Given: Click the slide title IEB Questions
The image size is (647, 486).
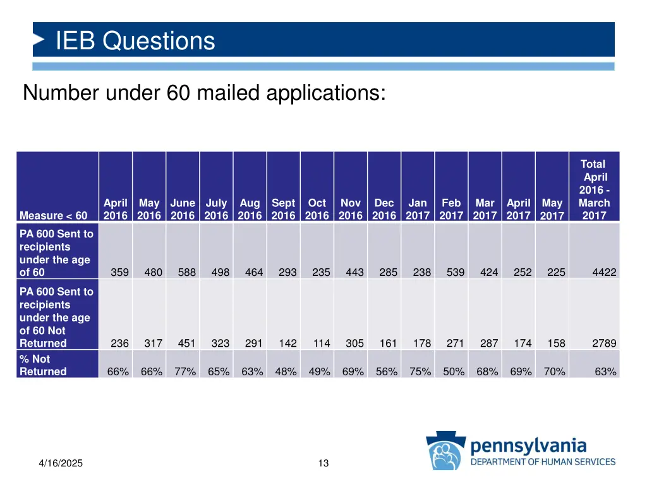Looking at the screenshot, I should point(135,41).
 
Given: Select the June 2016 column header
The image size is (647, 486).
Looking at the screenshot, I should point(183,209).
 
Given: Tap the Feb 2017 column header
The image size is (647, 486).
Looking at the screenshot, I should point(451,209).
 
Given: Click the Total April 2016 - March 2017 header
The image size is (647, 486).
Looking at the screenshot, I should point(594,190).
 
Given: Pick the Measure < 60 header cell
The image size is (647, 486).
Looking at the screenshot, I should point(54,216).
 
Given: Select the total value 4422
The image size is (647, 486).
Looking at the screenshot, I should point(604,273).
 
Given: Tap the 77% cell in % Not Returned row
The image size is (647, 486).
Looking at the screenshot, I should point(185,372).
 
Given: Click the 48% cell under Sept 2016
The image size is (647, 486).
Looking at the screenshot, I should point(286,372).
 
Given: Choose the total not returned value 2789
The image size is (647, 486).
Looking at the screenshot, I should point(604,344).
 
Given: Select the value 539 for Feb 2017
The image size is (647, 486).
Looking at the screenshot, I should point(455,273).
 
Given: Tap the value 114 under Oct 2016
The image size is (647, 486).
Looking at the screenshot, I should point(321,344).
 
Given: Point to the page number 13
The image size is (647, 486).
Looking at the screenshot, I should point(323,464).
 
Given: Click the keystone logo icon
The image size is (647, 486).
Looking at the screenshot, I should point(445,451).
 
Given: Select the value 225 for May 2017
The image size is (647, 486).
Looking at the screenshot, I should point(556,273).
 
